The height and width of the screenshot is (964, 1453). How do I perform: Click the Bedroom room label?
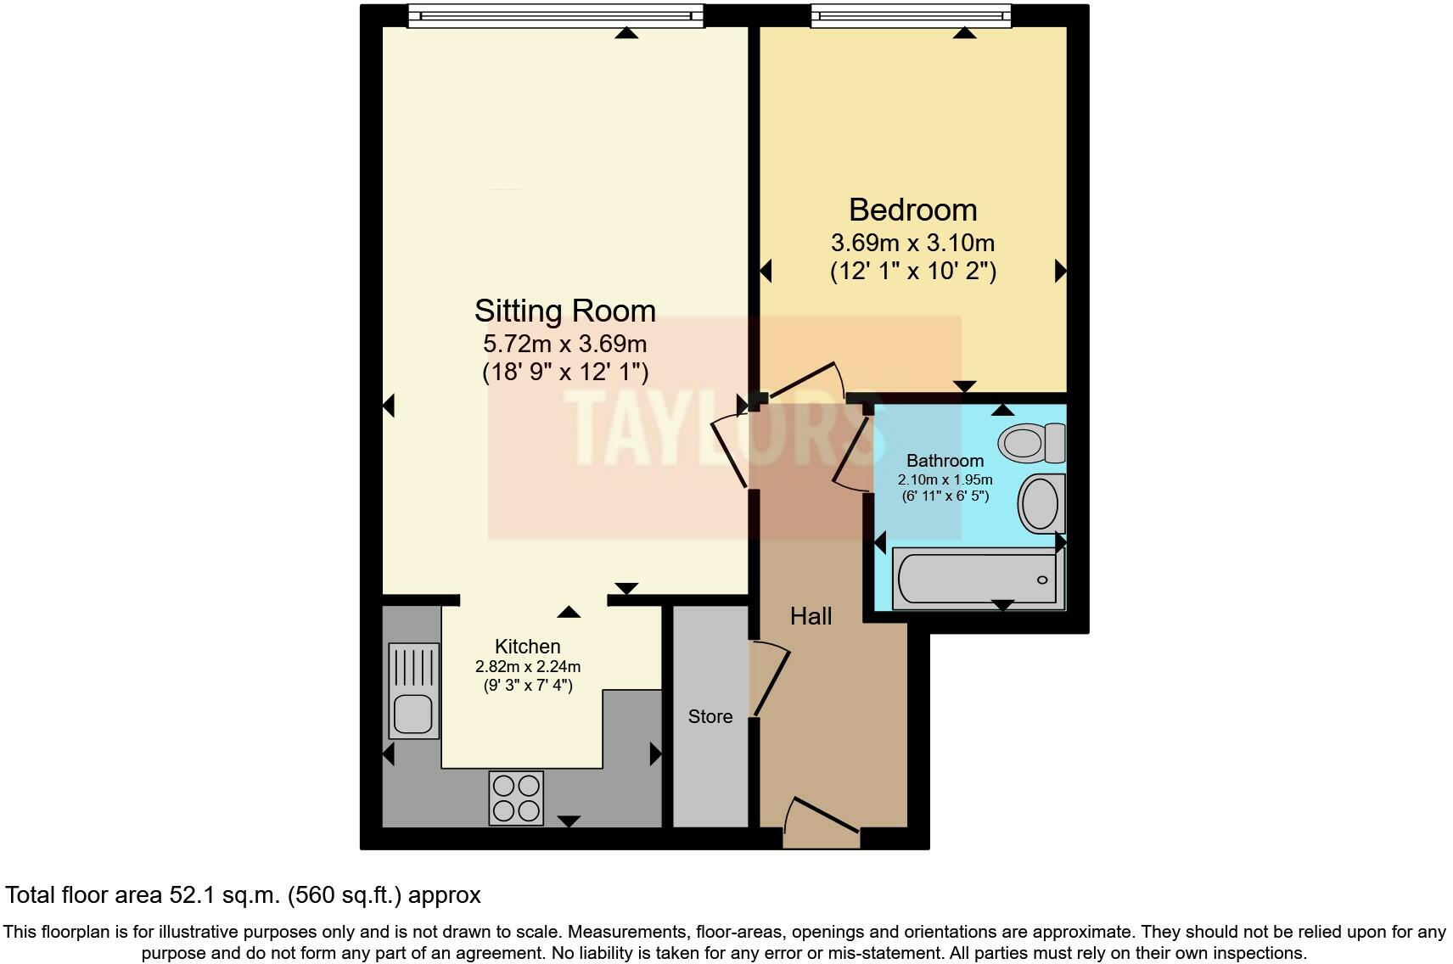(x=912, y=210)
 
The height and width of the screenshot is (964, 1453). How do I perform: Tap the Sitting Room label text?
(x=564, y=311)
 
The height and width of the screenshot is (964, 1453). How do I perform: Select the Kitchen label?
(x=527, y=647)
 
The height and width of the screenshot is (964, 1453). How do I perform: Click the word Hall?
(x=811, y=616)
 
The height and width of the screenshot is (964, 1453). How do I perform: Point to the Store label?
(x=710, y=717)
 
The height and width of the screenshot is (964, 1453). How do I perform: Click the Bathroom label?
(x=945, y=461)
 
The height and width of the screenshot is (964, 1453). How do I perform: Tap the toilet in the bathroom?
(x=1030, y=443)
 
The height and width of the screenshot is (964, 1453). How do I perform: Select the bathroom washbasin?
(x=1041, y=503)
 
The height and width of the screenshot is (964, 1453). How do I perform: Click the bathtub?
(x=976, y=579)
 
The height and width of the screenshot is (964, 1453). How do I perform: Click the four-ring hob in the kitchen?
(x=516, y=798)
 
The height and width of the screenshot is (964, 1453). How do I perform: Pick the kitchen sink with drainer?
(x=414, y=690)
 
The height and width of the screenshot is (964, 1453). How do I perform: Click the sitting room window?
(x=556, y=15)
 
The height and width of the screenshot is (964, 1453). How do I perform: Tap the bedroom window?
(x=911, y=15)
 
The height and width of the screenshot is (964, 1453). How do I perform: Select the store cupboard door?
(x=771, y=679)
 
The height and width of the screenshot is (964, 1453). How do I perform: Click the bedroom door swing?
(x=806, y=382)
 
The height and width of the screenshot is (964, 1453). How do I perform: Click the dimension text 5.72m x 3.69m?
(x=564, y=344)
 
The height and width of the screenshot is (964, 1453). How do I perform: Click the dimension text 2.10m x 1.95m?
(x=945, y=479)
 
